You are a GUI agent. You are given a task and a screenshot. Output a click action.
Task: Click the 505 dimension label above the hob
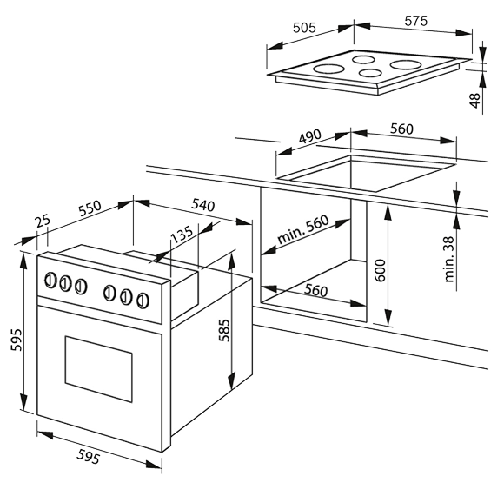pos(304,28)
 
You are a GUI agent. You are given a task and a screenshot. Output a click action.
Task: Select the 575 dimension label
pos(416,21)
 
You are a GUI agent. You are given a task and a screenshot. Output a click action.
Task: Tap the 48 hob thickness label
pos(474,100)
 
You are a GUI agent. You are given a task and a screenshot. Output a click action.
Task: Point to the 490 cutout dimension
pos(310,136)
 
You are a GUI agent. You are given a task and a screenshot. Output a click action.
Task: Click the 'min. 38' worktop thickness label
pos(449,260)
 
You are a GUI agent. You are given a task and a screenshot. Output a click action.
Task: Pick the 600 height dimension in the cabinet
pos(381,270)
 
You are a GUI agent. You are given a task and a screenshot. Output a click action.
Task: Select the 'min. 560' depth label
pos(303,228)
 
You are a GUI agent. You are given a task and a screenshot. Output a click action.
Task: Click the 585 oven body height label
pos(224,330)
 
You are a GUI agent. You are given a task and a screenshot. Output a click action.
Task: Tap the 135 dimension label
pos(182,235)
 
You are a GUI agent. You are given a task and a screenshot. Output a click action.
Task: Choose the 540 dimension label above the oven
pos(203,205)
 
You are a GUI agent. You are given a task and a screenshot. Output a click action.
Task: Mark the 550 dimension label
pos(90,208)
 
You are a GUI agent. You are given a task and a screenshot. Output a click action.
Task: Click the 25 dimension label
pos(43,221)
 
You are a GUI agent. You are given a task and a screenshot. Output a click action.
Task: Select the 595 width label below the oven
pos(88,457)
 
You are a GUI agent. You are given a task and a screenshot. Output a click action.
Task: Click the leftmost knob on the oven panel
pos(50,281)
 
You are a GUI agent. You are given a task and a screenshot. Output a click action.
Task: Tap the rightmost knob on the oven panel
pos(143,301)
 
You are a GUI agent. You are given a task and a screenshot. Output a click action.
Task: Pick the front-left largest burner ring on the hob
pos(329,69)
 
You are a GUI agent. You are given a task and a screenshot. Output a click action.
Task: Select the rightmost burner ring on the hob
pos(406,64)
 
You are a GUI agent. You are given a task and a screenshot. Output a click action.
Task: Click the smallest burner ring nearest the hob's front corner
pos(370,73)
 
